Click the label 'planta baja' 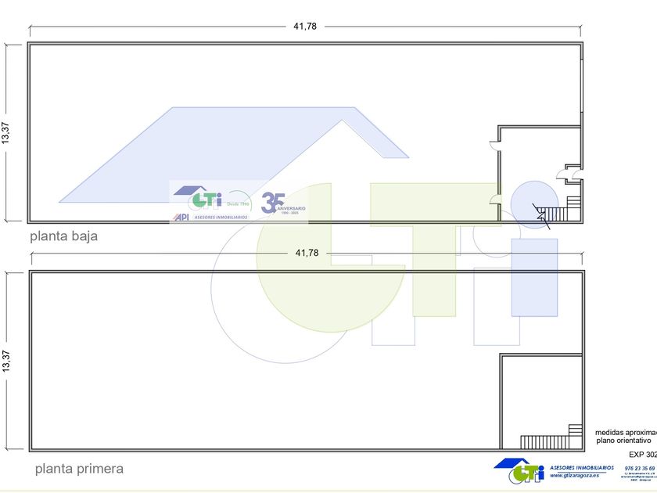pos(63,236)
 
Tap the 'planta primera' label pos(79,469)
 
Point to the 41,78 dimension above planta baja pos(305,26)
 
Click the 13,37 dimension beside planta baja pos(6,132)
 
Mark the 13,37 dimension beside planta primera pos(6,360)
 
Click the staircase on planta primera pos(551,441)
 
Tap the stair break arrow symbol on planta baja pos(541,216)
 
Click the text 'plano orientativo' pos(623,441)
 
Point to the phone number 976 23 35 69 pos(640,468)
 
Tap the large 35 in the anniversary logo pos(272,202)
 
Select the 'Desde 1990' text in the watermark pos(237,203)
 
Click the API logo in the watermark pos(181,217)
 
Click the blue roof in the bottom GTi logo pos(517,463)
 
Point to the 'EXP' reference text pos(637,454)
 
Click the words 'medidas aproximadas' pos(626,432)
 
